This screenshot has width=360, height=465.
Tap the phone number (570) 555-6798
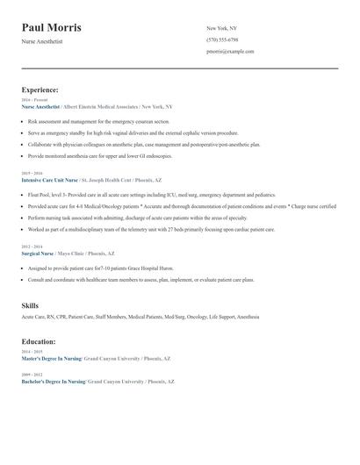point(222,39)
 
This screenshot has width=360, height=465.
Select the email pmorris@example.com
point(230,51)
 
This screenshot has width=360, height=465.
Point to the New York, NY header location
point(222,28)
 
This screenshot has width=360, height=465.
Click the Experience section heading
point(40,89)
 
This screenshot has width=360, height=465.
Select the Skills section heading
point(30,304)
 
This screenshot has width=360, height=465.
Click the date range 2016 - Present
point(31,100)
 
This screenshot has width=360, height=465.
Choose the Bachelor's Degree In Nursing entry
point(53,382)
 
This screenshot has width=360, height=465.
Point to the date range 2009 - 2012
point(31,376)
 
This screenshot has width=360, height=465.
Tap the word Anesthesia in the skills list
point(248,316)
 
